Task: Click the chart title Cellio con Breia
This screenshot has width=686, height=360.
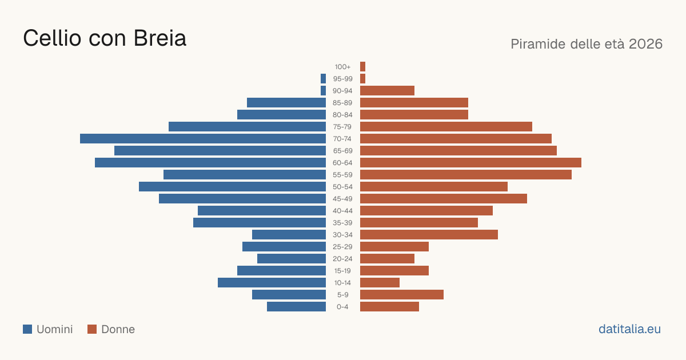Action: pos(105,38)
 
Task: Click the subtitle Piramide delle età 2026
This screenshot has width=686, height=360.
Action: pos(587,44)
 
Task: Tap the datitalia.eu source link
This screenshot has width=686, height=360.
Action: pos(629,329)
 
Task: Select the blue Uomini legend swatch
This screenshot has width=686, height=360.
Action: pos(27,329)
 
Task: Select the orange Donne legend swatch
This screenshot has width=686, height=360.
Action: pos(92,329)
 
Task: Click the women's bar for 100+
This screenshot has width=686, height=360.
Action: pos(362,66)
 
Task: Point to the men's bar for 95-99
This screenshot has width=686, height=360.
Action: pos(323,79)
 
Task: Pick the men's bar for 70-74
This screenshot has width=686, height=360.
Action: pos(203,139)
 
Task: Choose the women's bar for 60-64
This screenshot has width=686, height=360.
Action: pos(470,162)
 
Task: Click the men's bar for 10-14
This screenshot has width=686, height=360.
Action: pos(272,282)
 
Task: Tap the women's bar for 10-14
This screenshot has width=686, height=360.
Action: pos(380,282)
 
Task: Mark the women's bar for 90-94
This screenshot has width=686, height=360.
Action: pos(387,91)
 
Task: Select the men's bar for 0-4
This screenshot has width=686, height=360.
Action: pos(297,306)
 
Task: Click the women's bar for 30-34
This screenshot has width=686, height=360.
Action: pos(429,234)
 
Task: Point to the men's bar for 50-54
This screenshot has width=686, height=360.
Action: pos(232,187)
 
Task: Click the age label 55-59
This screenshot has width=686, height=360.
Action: pos(342,175)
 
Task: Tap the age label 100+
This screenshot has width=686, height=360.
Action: pos(342,67)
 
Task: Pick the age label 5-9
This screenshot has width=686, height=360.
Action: pos(342,295)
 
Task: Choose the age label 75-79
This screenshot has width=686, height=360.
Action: pos(342,127)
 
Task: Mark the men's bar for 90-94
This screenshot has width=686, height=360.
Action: pos(323,91)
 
